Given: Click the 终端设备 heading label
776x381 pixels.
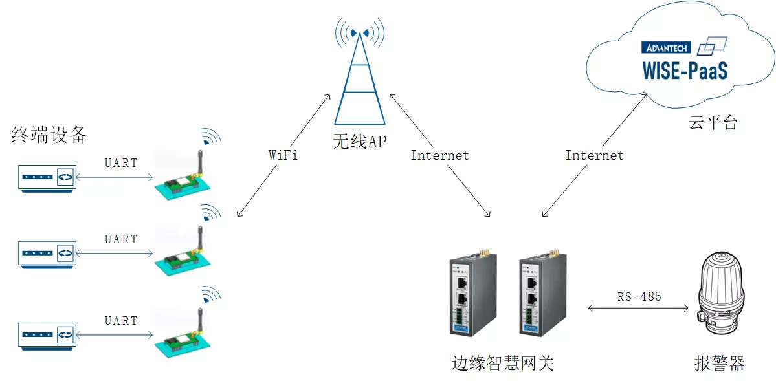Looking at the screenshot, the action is click(49, 135).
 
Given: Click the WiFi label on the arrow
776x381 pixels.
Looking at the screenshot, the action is click(283, 155).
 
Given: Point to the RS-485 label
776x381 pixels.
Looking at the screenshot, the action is click(639, 297).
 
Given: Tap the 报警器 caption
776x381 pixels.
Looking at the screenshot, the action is click(720, 363).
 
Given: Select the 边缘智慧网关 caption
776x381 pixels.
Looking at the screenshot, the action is click(502, 363).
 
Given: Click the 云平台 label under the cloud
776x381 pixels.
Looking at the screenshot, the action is click(713, 123).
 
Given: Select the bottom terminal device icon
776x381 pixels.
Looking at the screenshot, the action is click(47, 335).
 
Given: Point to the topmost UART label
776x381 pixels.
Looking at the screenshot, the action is click(121, 163).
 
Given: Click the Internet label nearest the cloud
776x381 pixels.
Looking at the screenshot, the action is click(594, 155).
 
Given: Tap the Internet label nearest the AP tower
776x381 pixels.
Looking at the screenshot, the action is click(439, 155).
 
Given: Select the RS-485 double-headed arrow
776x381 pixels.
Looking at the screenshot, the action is click(638, 309).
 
